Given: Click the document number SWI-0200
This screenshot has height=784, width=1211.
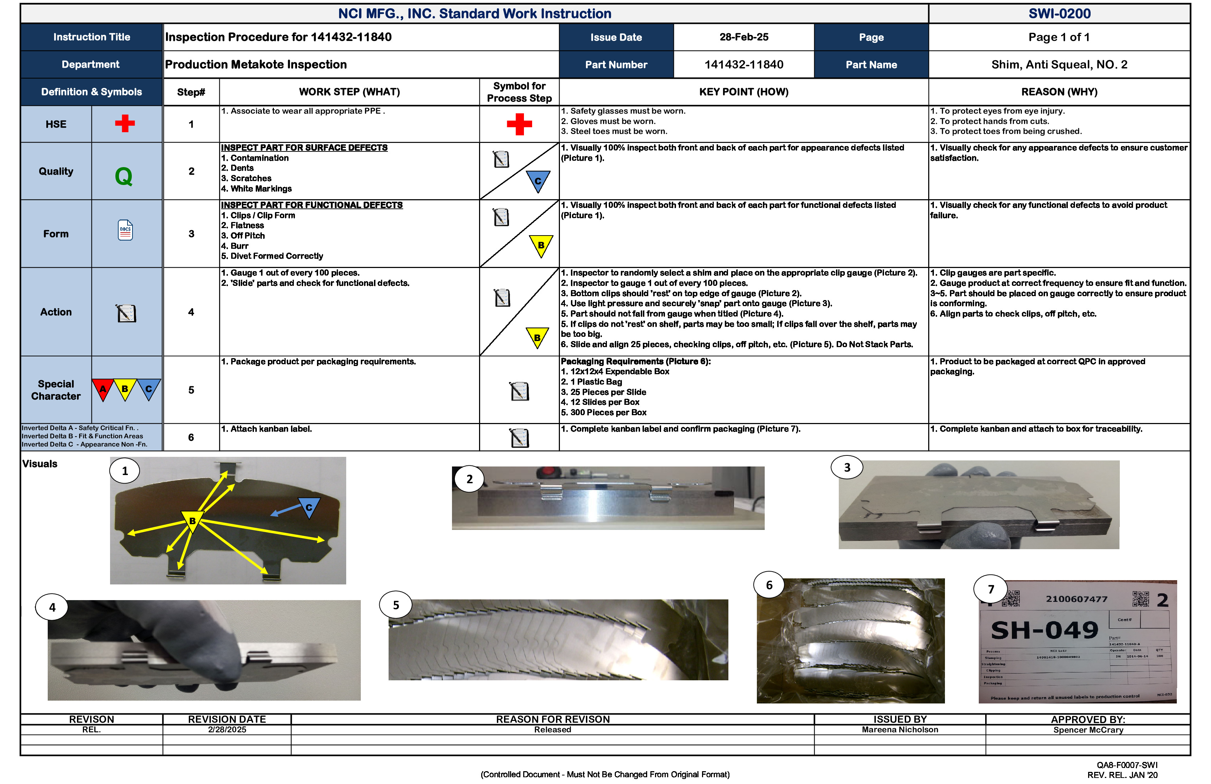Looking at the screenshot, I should click(x=1059, y=14).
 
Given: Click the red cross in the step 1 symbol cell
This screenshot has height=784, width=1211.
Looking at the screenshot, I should click(x=519, y=124).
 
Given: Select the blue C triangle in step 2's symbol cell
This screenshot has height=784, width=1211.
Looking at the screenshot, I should click(x=538, y=181).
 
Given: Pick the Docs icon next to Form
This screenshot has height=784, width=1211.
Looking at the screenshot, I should click(x=125, y=231).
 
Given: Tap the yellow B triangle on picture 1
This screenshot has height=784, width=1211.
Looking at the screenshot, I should click(x=192, y=520).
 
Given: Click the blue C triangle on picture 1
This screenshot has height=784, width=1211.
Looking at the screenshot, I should click(x=309, y=507).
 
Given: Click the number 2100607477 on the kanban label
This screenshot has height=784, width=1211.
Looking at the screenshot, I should click(x=1076, y=599).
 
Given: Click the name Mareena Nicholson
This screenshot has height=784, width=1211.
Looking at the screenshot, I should click(x=900, y=729).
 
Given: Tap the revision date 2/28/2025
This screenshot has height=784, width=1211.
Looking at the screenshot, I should click(x=227, y=729).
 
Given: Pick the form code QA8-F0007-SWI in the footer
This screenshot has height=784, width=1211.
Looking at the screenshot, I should click(x=1127, y=765).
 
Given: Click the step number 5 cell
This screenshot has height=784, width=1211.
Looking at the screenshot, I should click(x=191, y=390).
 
